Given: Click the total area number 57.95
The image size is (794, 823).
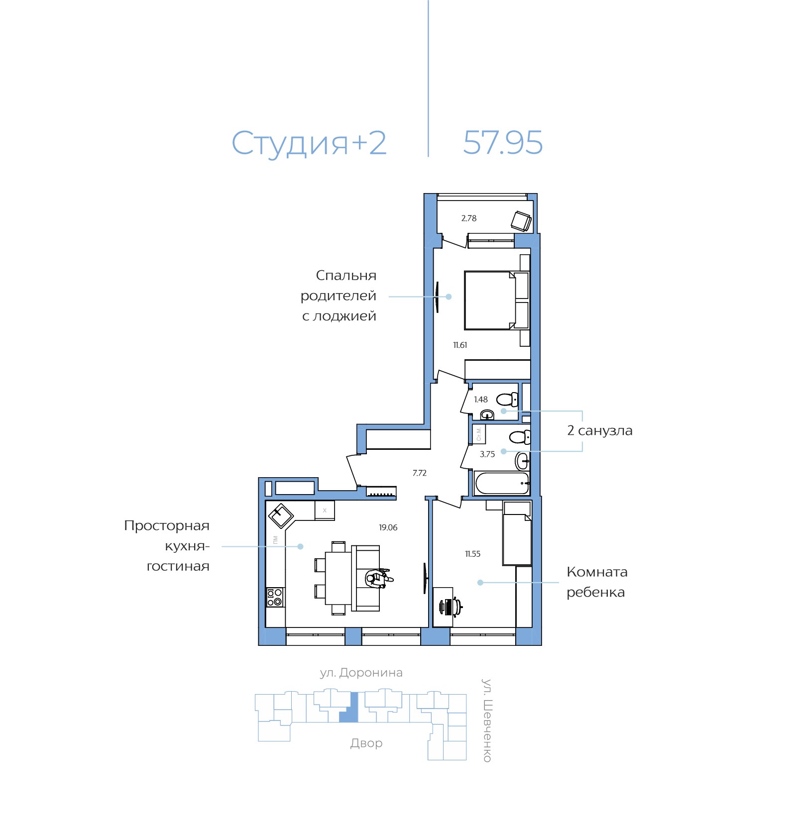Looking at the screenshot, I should (502, 143).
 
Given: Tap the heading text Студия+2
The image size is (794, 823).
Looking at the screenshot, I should (309, 144).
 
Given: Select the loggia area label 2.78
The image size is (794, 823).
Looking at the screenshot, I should (468, 218).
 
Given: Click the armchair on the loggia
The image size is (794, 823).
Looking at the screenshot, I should (521, 220).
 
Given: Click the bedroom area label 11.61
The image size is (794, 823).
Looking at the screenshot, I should (460, 345).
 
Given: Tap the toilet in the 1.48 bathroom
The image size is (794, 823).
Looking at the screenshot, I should (507, 399).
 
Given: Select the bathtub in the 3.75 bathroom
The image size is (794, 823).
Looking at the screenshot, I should (502, 483).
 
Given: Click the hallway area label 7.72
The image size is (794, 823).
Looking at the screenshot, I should (419, 473).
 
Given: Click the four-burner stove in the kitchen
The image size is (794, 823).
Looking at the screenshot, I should (275, 597).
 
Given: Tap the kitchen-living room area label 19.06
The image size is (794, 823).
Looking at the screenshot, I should (388, 527).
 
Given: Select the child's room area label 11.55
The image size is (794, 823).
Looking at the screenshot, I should (472, 554).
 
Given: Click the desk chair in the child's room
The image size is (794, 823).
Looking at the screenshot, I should (451, 606).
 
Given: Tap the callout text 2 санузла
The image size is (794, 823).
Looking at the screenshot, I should (599, 430).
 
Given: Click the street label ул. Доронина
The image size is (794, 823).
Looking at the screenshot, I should (361, 673).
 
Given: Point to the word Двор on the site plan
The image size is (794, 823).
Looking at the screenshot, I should (366, 743).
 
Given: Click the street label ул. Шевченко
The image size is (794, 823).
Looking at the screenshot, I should (487, 720).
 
